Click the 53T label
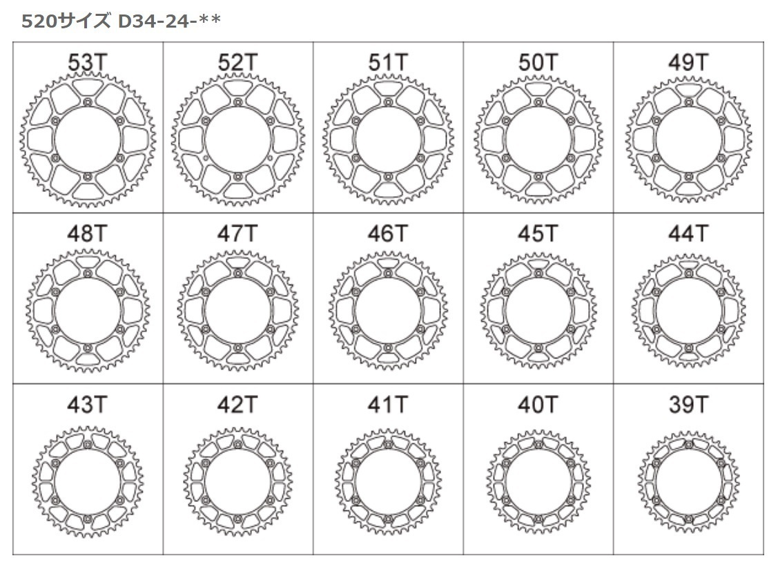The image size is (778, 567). [x=87, y=63]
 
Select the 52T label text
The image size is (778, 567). [x=237, y=63]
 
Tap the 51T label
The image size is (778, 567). [x=388, y=63]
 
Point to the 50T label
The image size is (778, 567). [x=538, y=63]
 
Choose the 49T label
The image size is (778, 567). [x=688, y=63]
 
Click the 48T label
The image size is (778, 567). [x=87, y=233]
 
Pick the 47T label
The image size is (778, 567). [x=237, y=233]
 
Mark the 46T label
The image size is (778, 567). [x=388, y=233]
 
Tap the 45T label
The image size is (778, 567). [x=538, y=233]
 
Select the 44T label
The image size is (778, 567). [x=688, y=233]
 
